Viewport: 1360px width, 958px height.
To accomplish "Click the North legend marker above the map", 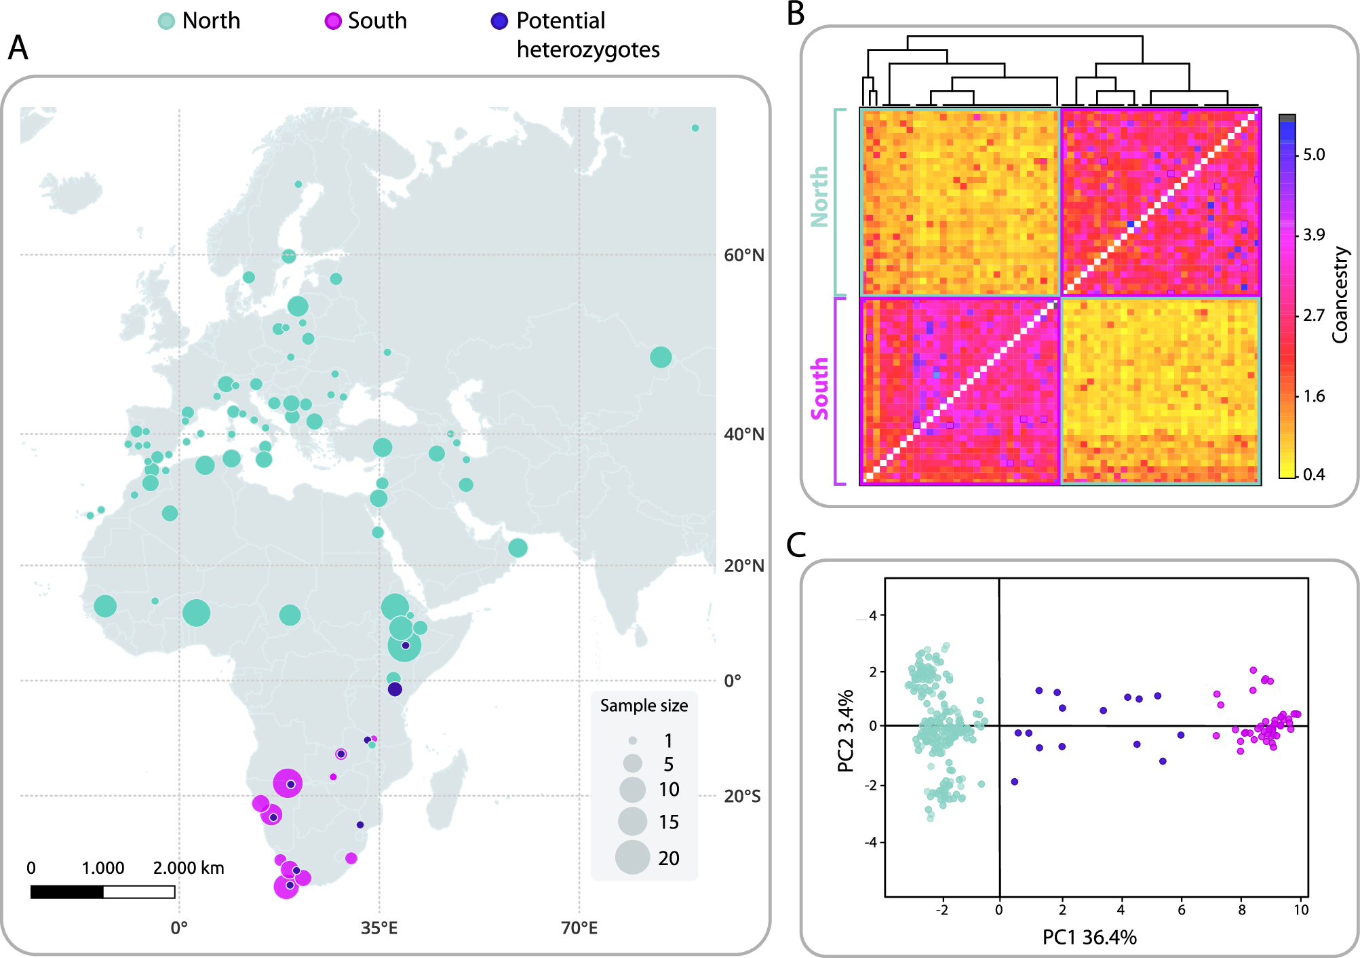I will (x=166, y=21).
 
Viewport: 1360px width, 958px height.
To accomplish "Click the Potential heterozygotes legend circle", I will (x=499, y=21).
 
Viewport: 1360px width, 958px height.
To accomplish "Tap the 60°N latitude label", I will (x=743, y=256).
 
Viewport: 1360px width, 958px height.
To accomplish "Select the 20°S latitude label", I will (x=742, y=796).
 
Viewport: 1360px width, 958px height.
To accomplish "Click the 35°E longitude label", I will (x=379, y=928).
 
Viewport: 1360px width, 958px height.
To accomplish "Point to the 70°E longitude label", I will (x=579, y=928).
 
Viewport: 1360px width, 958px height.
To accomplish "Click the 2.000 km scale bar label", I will (x=189, y=868).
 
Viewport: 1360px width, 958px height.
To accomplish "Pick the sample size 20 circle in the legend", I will (x=632, y=857).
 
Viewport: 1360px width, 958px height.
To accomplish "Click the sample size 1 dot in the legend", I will (x=632, y=740).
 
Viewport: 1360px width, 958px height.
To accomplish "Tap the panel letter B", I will (x=796, y=14).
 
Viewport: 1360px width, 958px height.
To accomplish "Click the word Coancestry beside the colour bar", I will (x=1340, y=294).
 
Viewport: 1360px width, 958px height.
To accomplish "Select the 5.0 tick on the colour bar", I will (x=1313, y=155).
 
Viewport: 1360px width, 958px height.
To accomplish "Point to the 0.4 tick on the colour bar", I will (x=1313, y=474).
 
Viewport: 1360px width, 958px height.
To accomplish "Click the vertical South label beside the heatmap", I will (x=820, y=389).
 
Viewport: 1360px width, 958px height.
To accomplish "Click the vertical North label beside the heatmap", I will (x=820, y=196).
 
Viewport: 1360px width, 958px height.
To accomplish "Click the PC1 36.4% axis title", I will (x=1089, y=937).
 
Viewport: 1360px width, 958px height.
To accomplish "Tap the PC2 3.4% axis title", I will (x=845, y=731).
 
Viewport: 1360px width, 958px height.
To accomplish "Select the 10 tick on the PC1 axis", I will (x=1300, y=910).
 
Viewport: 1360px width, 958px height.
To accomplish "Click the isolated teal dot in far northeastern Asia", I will (x=695, y=128).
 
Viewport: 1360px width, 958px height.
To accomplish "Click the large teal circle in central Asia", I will (x=660, y=357).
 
